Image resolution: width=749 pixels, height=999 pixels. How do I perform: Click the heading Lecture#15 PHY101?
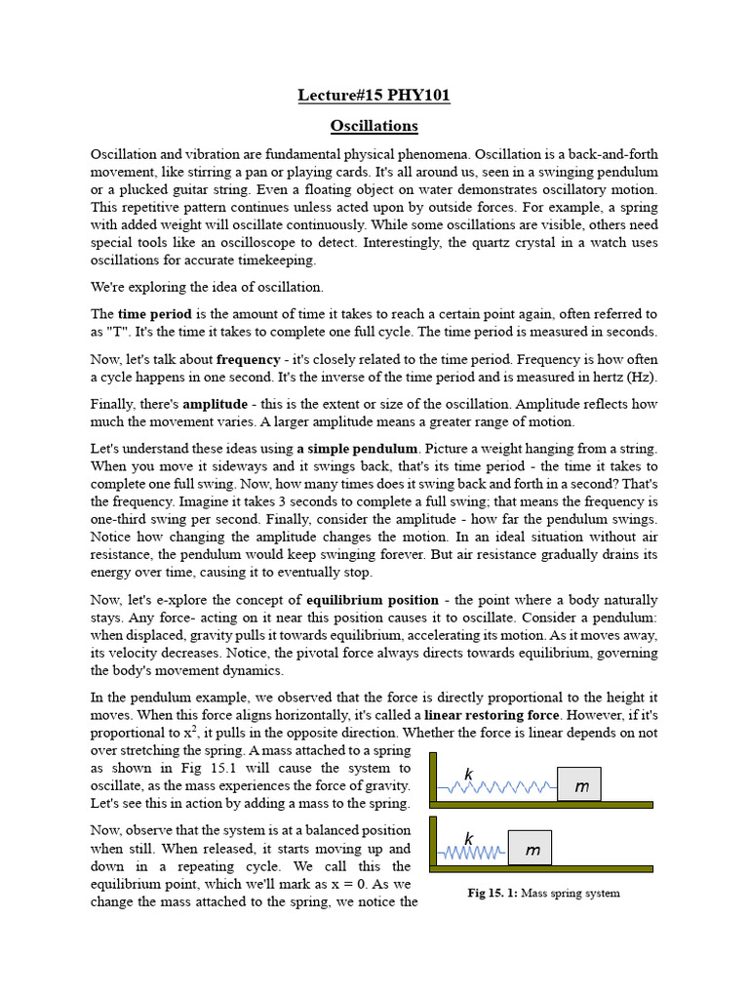click(374, 96)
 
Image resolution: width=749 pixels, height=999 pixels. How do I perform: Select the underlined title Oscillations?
click(374, 126)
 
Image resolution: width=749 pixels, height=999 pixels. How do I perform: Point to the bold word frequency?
click(248, 359)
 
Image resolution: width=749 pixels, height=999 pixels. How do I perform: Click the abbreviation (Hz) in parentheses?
click(641, 378)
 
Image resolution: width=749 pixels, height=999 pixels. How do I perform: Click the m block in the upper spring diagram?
click(579, 785)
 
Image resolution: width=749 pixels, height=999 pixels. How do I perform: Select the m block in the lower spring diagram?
click(531, 849)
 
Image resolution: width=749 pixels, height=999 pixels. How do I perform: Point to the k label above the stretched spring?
click(469, 774)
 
